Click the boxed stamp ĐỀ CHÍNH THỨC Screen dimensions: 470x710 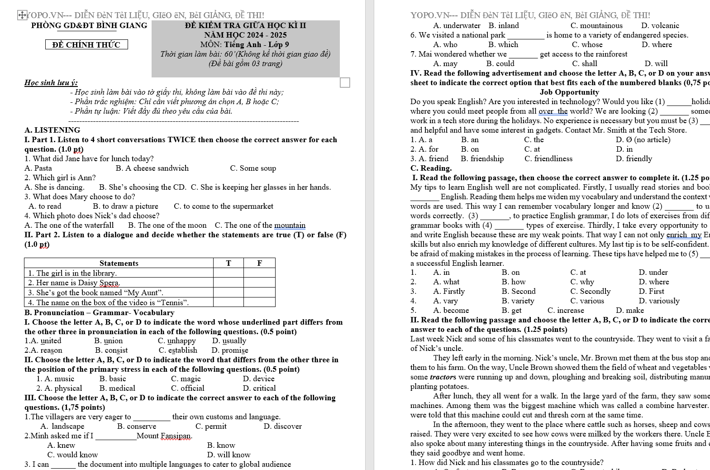pos(86,44)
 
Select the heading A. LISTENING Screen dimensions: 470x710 pos(52,130)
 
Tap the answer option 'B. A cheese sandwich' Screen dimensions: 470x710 pos(152,168)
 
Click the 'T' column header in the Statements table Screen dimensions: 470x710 pos(228,263)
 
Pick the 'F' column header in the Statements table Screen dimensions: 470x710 pos(259,263)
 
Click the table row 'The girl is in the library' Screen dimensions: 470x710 pos(72,273)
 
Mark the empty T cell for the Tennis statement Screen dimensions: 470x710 pos(228,302)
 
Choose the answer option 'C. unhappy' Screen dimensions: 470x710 pos(177,341)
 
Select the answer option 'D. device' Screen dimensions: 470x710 pos(258,379)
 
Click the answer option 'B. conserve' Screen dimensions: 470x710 pos(137,426)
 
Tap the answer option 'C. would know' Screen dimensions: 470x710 pos(72,455)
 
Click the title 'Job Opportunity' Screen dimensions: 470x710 pos(569,92)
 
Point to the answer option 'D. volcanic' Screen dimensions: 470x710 pos(660,25)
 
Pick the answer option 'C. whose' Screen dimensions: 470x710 pos(587,44)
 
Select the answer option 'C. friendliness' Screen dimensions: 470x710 pos(548,158)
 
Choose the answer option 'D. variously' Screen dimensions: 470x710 pos(659,301)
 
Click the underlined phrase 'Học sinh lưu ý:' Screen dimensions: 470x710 pos(51,82)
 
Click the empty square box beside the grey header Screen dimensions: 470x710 pos(345,82)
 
